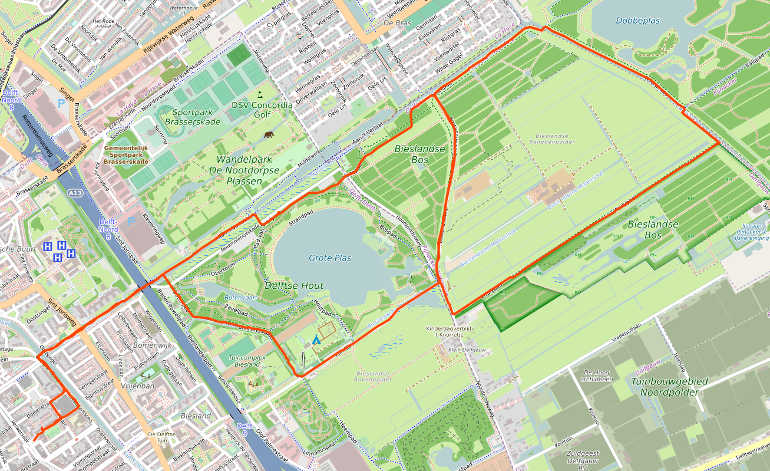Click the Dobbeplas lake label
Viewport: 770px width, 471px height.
point(637,21)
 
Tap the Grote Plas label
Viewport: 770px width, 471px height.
point(330,258)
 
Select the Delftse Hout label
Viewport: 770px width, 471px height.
point(294,286)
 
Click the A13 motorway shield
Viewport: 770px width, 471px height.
point(75,193)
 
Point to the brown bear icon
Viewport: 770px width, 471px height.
point(269,135)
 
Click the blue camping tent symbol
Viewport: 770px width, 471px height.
point(316,340)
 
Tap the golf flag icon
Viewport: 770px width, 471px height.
point(259,94)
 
